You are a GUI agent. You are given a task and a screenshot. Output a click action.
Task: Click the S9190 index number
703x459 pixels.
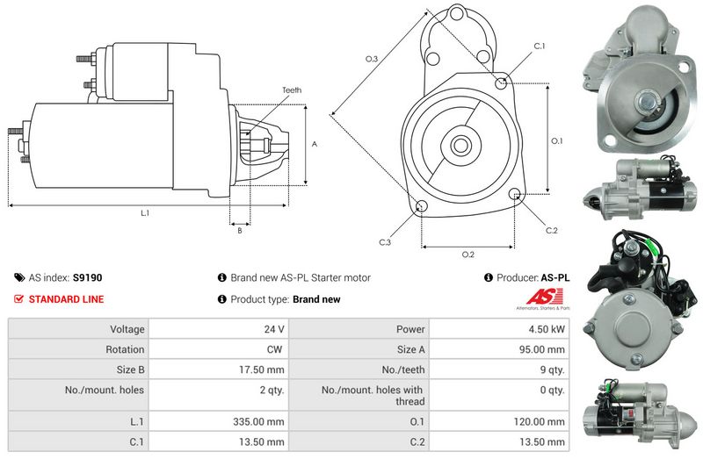coord(87,277)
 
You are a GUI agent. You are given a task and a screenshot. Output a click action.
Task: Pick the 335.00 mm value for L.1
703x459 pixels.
coord(258,421)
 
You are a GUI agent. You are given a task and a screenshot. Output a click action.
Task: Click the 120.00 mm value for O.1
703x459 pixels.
coord(540,421)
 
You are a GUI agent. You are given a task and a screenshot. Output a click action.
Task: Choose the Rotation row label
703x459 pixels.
coord(125,349)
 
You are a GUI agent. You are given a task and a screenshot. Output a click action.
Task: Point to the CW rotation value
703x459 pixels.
coord(274,349)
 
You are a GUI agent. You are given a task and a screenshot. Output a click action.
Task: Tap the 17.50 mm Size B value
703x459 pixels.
coord(261,369)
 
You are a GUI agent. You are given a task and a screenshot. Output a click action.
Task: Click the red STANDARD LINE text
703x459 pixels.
coord(67,299)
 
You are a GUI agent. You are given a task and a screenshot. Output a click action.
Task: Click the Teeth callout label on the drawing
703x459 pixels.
coord(292,90)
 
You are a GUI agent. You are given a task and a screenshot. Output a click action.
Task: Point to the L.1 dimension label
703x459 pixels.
coord(145,213)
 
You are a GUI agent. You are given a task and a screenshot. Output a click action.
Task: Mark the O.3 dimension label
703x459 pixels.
coord(372,59)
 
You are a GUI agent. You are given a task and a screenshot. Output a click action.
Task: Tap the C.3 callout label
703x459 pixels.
coord(385,242)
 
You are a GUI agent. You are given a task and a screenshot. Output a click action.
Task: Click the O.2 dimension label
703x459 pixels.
coord(468,255)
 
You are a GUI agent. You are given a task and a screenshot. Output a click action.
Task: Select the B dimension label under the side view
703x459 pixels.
coord(240,231)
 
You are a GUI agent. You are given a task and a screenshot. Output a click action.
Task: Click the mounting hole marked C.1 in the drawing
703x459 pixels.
coord(501,82)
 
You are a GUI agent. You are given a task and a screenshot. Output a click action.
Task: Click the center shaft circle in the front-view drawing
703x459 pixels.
coord(460,145)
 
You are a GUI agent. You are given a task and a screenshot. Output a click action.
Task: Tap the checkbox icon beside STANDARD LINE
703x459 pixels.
coord(18,299)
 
